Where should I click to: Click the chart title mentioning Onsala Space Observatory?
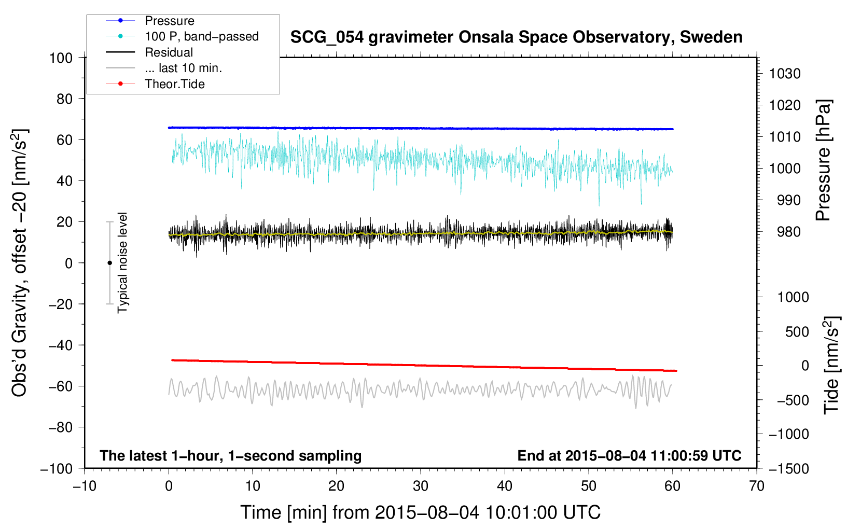coord(516,37)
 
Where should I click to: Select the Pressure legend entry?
coord(169,21)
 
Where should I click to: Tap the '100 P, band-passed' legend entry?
coord(201,36)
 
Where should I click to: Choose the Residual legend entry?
coord(169,52)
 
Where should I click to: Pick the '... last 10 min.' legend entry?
coord(183,68)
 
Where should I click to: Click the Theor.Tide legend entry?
coord(174,84)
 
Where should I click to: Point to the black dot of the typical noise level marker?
coord(109,263)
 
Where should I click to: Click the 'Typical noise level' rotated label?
coord(122,263)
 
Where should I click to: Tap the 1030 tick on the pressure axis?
coord(784,74)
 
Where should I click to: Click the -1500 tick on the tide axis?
coord(788,468)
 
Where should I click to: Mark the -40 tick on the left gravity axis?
coord(60,345)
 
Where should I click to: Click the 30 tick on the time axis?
coord(421,486)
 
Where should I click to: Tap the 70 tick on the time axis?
coord(757,486)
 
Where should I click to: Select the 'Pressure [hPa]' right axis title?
coord(823,160)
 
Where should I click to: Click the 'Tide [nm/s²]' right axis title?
coord(831,365)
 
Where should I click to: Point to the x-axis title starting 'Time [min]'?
coord(420,512)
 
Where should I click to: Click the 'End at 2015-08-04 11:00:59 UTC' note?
coord(629,455)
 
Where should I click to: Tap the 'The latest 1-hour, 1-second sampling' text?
coord(230,455)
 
